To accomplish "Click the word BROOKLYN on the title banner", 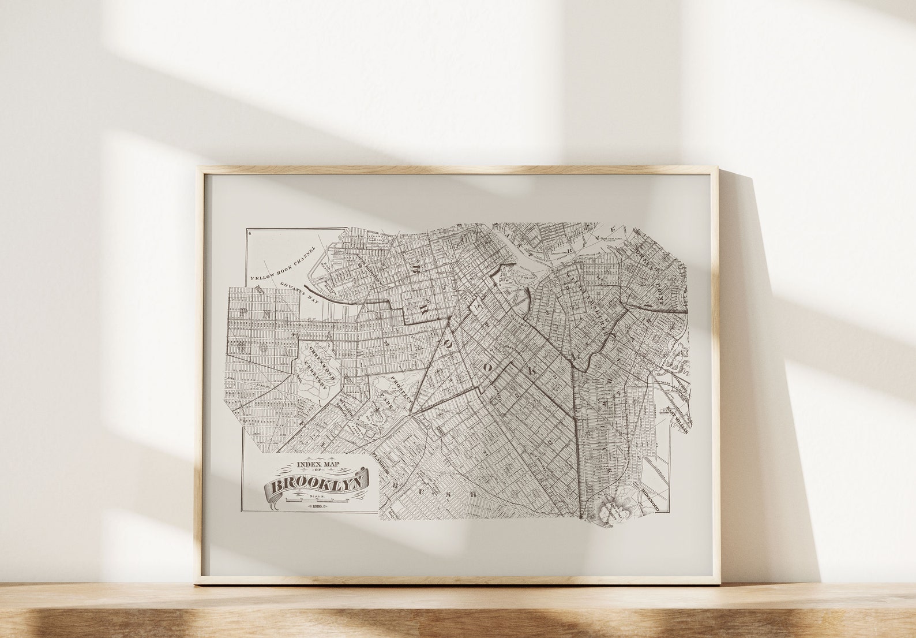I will (x=317, y=484).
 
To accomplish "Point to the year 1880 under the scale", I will (x=317, y=506).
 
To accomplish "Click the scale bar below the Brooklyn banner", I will (x=317, y=500).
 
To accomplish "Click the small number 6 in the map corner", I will (x=250, y=233).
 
